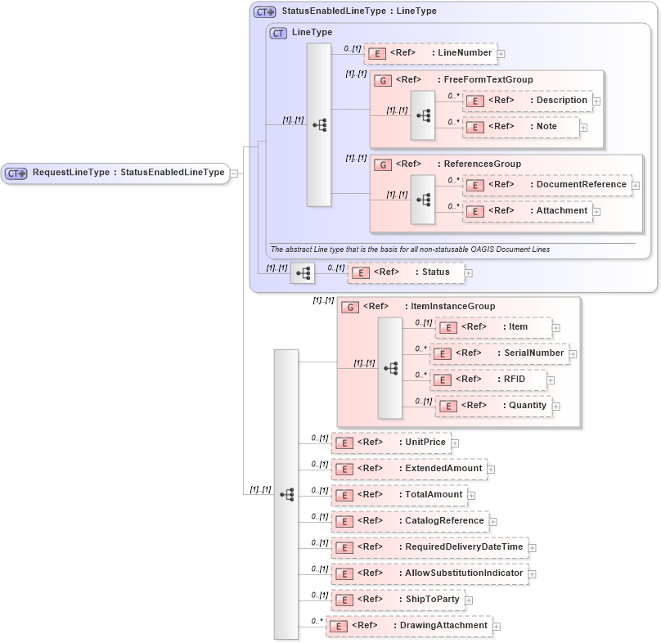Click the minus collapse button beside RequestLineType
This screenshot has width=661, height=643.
[234, 173]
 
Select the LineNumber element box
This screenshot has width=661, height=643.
[429, 53]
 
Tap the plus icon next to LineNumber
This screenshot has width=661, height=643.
[501, 54]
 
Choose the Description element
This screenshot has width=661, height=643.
[528, 101]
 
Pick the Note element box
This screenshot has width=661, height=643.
[521, 127]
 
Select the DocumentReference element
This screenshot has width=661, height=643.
[547, 185]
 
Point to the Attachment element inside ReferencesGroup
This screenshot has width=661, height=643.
[528, 211]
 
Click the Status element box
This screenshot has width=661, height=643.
[405, 272]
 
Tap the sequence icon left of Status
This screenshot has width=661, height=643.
[303, 272]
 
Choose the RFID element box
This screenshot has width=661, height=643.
[488, 380]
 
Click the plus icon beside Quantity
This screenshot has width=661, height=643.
[556, 406]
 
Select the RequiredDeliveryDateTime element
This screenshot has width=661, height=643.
[429, 547]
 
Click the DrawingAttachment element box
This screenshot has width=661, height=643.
[408, 626]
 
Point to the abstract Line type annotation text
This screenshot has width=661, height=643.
[410, 249]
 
